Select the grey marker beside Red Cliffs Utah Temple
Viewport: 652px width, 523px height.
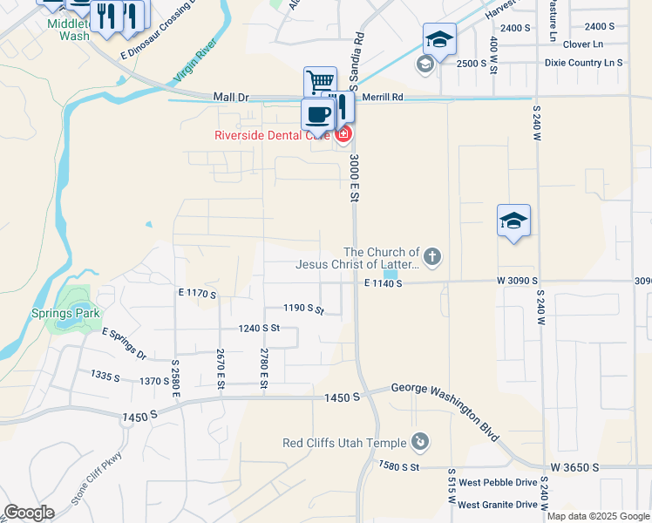[420, 442]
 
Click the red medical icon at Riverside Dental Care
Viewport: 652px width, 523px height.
[343, 134]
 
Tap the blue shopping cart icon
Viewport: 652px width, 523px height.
[320, 82]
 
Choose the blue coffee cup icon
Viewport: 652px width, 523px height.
[318, 113]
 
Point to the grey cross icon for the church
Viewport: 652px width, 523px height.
[432, 256]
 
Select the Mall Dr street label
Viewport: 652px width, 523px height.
[231, 97]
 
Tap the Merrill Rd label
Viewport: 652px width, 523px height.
[384, 98]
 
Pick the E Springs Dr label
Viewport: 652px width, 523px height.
[123, 344]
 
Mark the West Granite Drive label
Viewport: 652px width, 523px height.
[498, 505]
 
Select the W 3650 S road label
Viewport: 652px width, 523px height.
[573, 467]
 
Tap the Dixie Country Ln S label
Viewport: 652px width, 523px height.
[583, 63]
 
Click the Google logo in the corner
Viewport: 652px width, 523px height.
[30, 512]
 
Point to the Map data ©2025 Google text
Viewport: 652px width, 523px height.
[597, 516]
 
